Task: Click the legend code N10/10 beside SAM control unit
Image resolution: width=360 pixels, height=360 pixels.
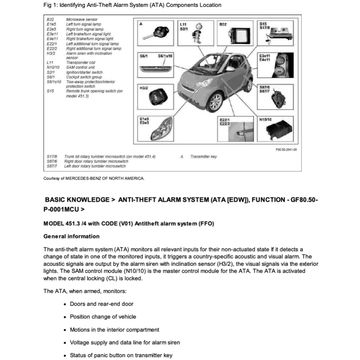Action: pyautogui.click(x=53, y=67)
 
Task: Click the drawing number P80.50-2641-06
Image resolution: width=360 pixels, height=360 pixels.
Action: pyautogui.click(x=287, y=150)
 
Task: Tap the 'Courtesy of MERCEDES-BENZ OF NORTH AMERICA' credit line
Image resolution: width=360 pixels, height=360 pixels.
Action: pyautogui.click(x=94, y=179)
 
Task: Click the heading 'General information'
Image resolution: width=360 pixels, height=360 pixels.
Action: pyautogui.click(x=71, y=236)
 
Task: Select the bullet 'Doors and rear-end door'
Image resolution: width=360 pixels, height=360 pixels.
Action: pyautogui.click(x=102, y=304)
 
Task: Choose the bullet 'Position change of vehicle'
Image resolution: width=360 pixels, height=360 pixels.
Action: pyautogui.click(x=103, y=317)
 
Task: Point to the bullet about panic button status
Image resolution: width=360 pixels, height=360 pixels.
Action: pyautogui.click(x=121, y=355)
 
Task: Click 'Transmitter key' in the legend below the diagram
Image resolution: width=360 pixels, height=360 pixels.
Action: pyautogui.click(x=204, y=157)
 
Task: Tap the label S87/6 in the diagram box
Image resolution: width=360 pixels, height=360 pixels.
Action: pyautogui.click(x=264, y=87)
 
